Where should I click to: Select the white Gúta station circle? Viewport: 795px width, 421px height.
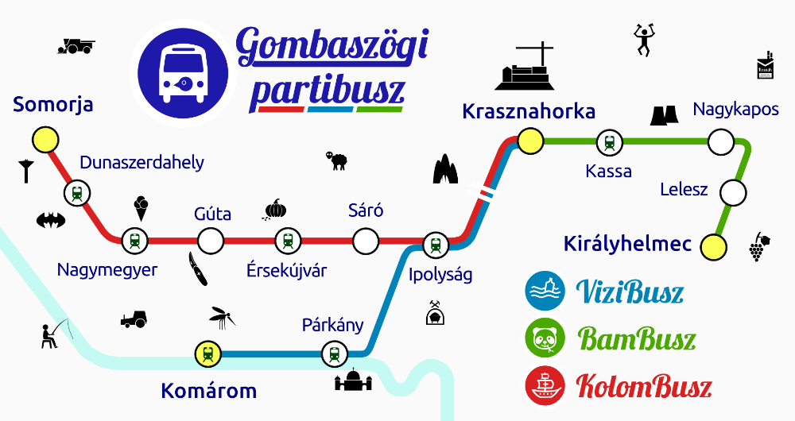pos(210,239)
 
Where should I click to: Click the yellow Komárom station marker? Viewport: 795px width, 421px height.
pos(207,353)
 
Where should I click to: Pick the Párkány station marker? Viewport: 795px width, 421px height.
pos(333,353)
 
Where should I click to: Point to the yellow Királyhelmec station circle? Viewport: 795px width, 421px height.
pos(714,247)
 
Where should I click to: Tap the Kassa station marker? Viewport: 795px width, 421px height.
pos(609,143)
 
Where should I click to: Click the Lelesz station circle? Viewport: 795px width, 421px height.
pos(732,192)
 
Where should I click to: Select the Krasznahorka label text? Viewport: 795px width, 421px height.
pos(529,111)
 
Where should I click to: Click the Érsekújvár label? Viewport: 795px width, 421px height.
pos(286,270)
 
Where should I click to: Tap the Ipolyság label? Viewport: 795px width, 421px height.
pos(440,275)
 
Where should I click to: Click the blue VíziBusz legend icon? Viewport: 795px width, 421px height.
pos(545,292)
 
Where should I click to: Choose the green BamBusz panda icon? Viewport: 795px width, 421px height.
pos(545,338)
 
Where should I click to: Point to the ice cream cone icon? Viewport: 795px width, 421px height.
pos(142,209)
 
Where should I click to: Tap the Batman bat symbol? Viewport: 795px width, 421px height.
pos(50,219)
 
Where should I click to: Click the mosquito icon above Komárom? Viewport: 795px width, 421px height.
pos(222,319)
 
